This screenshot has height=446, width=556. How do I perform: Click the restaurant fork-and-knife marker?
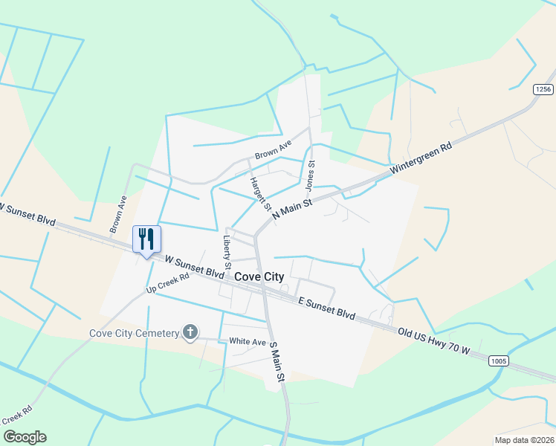coord(146,239)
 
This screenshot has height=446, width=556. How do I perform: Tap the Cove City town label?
coord(259,277)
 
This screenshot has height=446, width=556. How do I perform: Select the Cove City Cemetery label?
coord(135,333)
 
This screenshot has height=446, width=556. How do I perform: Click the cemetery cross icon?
coord(190,332)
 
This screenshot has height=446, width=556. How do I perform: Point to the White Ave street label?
coord(248,341)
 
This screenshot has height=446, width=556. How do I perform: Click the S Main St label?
coord(277,363)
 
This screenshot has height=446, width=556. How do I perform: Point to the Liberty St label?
coord(227,252)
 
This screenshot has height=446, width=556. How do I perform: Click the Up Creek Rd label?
coord(168,282)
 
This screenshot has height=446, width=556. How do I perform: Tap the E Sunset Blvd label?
coord(326,307)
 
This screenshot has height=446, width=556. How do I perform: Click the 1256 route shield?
coord(543,89)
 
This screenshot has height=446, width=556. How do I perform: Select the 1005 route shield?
coord(499,361)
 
